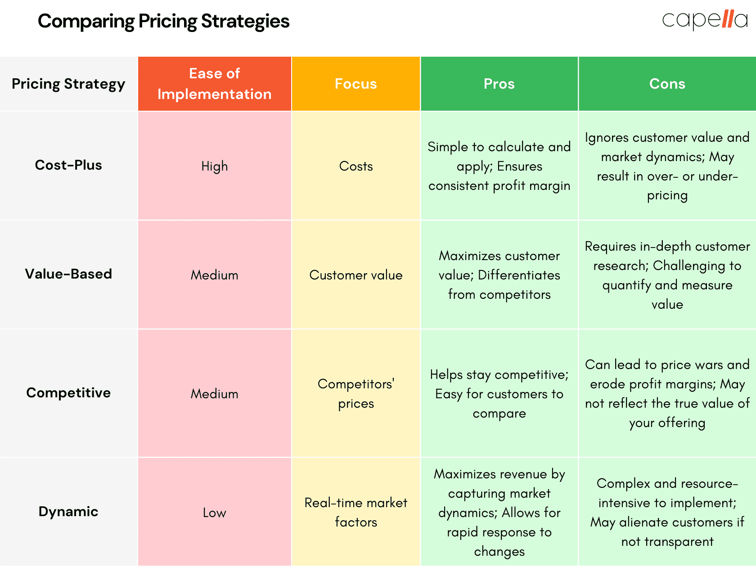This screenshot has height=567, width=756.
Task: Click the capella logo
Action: click(x=705, y=20)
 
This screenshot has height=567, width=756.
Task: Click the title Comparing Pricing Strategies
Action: click(x=163, y=21)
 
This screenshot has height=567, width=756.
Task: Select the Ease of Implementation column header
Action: click(x=215, y=84)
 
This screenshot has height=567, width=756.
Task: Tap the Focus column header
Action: click(x=355, y=84)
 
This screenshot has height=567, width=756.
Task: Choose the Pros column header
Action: click(x=499, y=84)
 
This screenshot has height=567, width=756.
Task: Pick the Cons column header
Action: click(x=667, y=84)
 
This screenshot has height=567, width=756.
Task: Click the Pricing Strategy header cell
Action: click(x=68, y=84)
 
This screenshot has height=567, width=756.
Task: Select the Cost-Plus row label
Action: click(x=68, y=165)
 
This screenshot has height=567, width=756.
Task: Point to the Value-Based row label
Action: click(x=68, y=274)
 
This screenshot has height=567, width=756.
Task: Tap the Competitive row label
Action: click(x=68, y=393)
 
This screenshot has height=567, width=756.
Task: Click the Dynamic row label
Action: click(x=68, y=512)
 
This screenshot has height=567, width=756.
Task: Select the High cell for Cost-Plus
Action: click(x=215, y=166)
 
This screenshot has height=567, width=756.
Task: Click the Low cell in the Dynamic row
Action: click(x=215, y=513)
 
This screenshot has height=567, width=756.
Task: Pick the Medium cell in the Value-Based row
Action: click(x=215, y=275)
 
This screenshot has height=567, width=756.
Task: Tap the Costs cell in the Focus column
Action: click(x=355, y=166)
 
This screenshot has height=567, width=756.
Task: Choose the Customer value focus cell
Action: click(x=355, y=275)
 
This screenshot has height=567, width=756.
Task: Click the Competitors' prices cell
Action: click(x=355, y=394)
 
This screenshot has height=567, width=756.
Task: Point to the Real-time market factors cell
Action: click(x=355, y=513)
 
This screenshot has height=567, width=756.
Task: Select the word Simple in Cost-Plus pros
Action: click(x=448, y=147)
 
